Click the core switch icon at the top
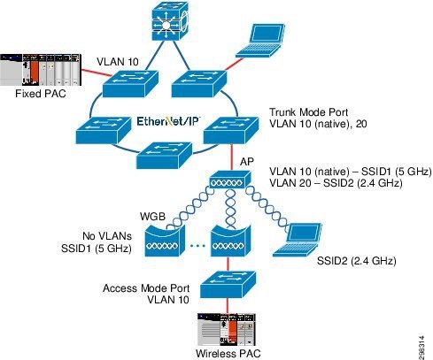[x=166, y=25]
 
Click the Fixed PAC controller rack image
[x=38, y=67]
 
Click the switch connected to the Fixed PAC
[x=130, y=84]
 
